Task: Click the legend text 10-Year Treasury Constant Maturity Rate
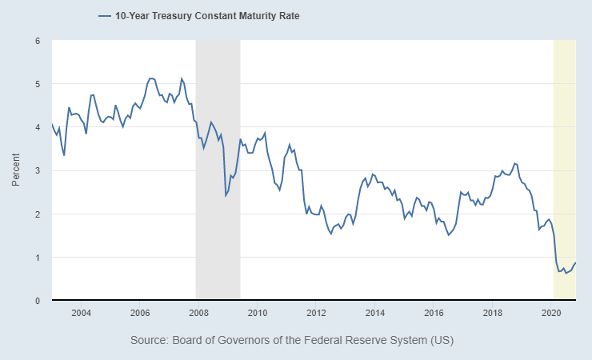click(207, 15)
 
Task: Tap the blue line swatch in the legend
click(104, 15)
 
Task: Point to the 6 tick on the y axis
click(37, 40)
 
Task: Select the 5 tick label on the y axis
click(37, 84)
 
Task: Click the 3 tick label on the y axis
click(37, 170)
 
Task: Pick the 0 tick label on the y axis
click(37, 301)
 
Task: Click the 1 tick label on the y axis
click(37, 258)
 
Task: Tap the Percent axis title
click(16, 170)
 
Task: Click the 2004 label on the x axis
click(81, 313)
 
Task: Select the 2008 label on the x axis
click(198, 313)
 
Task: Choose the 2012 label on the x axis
click(316, 313)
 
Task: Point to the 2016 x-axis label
click(434, 313)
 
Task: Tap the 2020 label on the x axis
click(551, 313)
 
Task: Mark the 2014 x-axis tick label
click(375, 313)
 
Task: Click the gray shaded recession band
click(218, 240)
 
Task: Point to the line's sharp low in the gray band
click(226, 195)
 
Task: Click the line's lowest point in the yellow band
click(566, 273)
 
